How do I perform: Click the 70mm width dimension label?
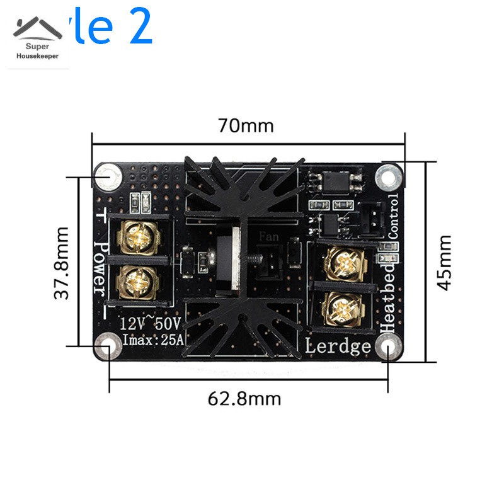click(246, 126)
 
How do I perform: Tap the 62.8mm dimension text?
click(244, 399)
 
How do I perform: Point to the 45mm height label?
click(444, 262)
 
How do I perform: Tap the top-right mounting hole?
click(388, 176)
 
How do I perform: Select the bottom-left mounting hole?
click(108, 345)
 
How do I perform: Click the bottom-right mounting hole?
click(387, 346)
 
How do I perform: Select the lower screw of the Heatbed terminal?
click(341, 308)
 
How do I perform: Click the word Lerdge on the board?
click(338, 346)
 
